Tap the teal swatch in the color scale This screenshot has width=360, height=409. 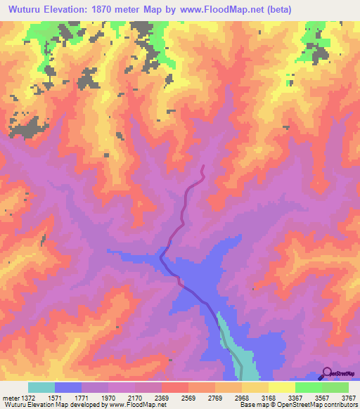[x=41, y=387]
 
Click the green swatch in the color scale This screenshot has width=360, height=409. [x=308, y=387]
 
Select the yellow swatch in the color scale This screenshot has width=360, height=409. [x=281, y=387]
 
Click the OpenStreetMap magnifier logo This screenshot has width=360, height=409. [x=326, y=372]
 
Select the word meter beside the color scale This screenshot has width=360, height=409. [x=11, y=398]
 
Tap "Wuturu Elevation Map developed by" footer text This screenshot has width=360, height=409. [x=52, y=405]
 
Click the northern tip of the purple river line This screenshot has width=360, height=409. [x=202, y=166]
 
